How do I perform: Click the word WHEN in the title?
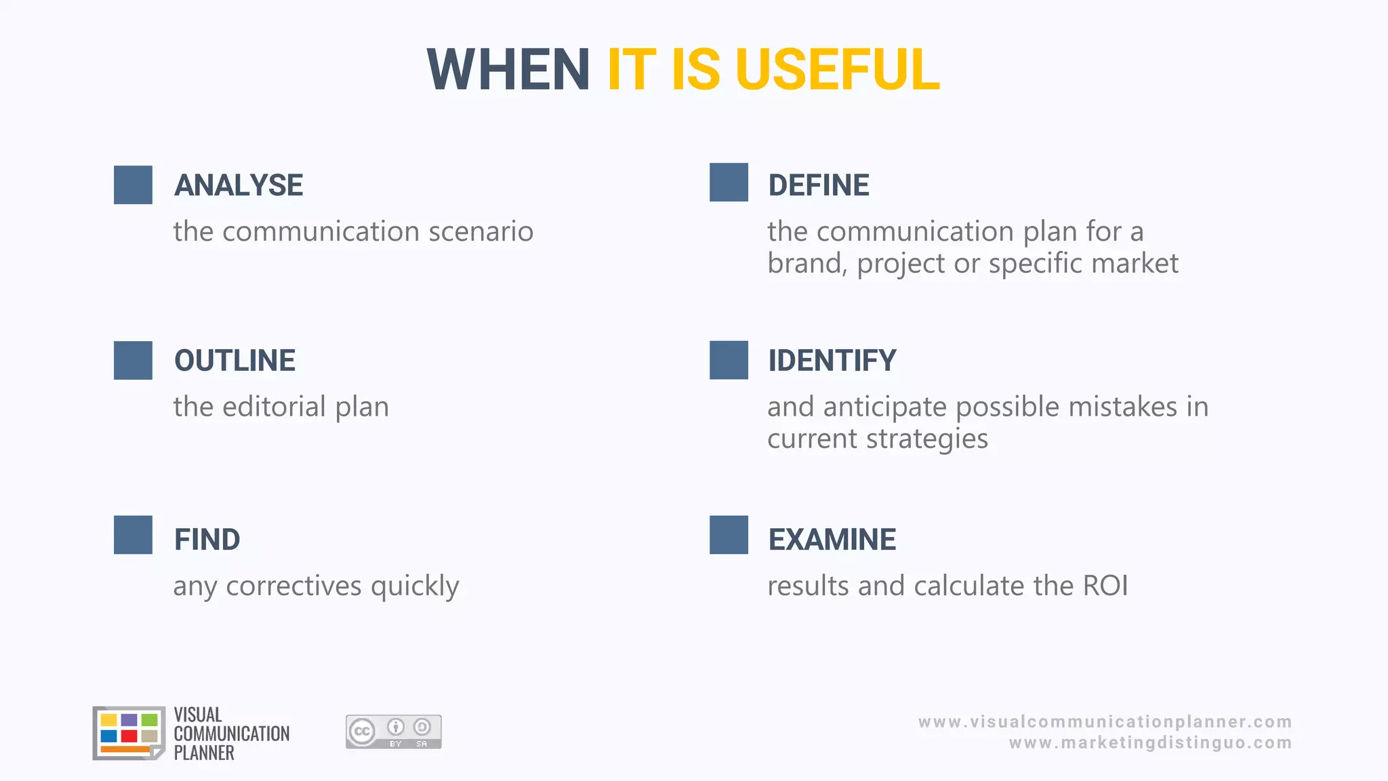tap(508, 70)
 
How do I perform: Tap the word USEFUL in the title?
tap(838, 70)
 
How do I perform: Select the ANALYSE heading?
tap(239, 185)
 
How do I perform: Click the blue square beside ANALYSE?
tap(133, 185)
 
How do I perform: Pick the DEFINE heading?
tap(819, 185)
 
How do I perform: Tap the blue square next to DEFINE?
tap(729, 182)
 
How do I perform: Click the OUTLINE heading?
tap(234, 361)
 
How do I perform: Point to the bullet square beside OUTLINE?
tap(133, 361)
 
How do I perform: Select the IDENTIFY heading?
tap(832, 361)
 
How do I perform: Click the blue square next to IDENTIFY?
tap(729, 360)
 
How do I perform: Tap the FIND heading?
tap(207, 540)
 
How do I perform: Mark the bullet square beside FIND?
tap(133, 535)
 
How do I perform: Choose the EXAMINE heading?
tap(832, 540)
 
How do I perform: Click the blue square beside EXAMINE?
tap(729, 535)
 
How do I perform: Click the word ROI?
tap(1105, 586)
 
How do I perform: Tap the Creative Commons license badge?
tap(393, 732)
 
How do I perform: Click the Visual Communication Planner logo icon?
tap(129, 733)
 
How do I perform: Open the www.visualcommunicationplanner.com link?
tap(1105, 722)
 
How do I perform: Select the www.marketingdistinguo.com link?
tap(1150, 743)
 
